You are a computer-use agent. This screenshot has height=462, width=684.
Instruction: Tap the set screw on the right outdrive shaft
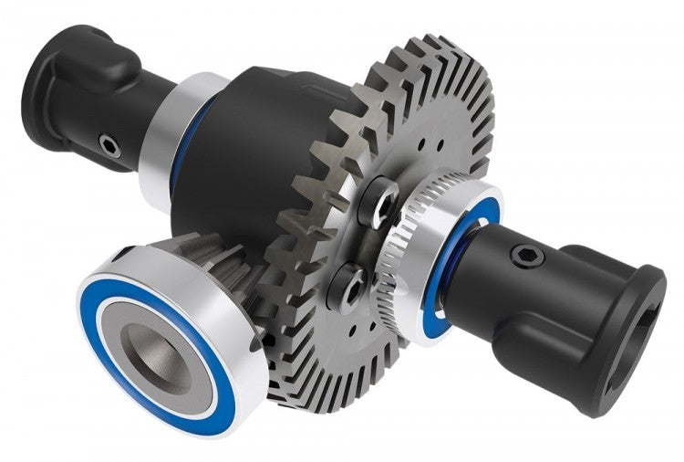click(x=525, y=259)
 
